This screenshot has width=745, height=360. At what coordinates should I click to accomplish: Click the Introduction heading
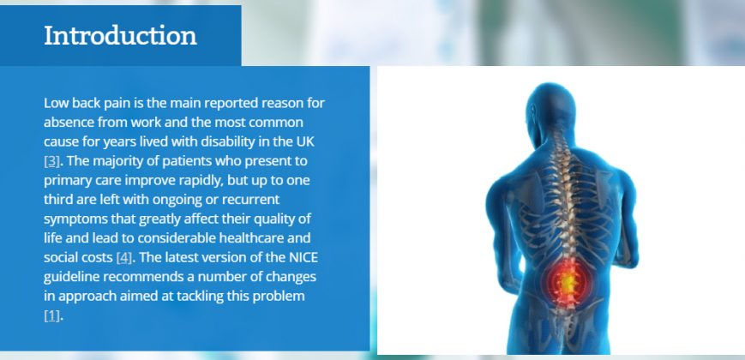click(120, 36)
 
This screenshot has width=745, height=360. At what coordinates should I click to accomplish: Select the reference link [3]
click(51, 161)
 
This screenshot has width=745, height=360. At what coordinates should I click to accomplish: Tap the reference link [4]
click(124, 258)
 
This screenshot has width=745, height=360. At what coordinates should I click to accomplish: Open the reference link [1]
click(51, 315)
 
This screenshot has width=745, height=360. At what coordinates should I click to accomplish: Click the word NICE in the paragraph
click(303, 257)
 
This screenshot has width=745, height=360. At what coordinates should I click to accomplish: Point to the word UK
click(305, 141)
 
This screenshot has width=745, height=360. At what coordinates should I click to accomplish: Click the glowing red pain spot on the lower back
click(567, 282)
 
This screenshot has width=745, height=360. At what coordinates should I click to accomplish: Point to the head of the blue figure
click(551, 109)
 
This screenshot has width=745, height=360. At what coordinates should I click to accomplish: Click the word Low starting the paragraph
click(53, 103)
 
